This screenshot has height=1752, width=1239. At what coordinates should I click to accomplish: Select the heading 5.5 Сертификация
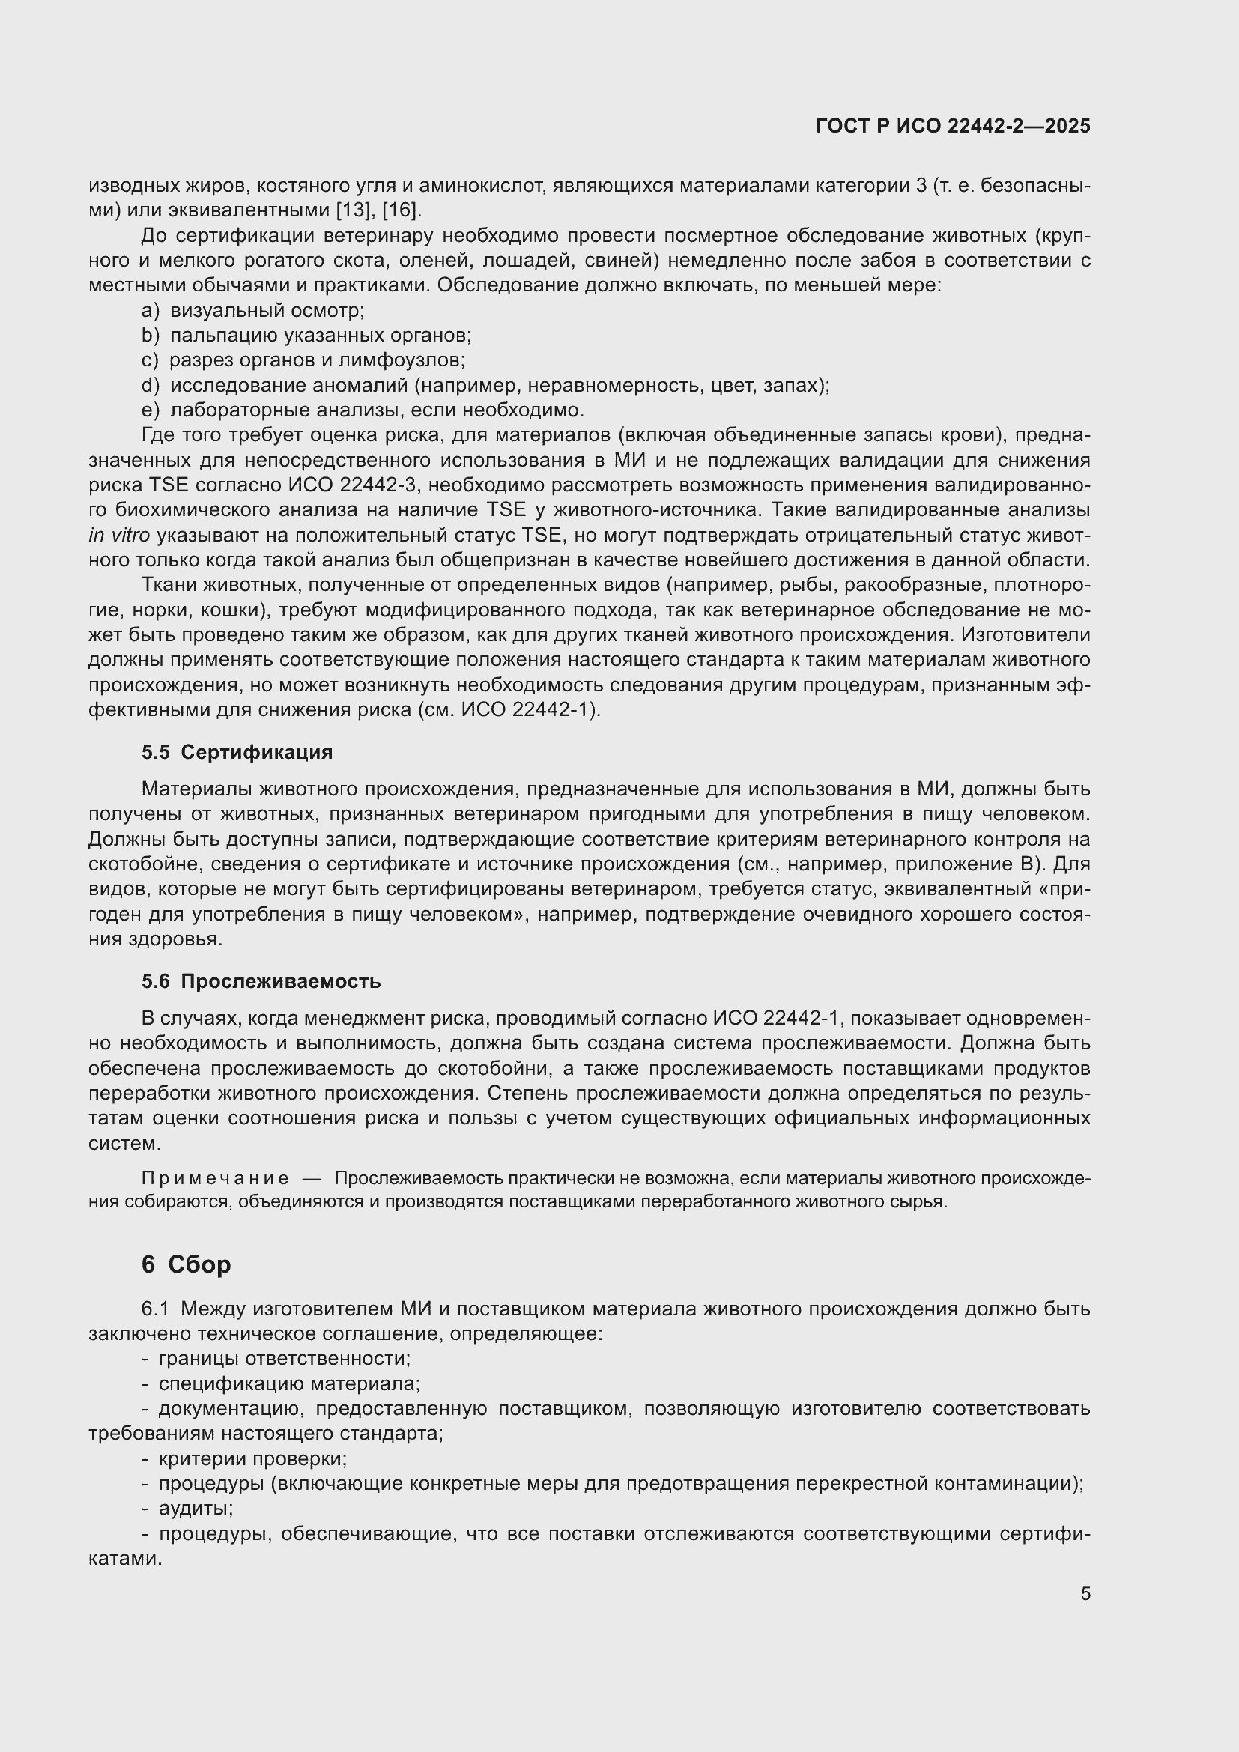click(x=237, y=752)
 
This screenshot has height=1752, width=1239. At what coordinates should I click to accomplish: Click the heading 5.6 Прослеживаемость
click(x=260, y=981)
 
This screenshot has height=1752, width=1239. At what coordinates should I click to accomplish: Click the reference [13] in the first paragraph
click(x=354, y=210)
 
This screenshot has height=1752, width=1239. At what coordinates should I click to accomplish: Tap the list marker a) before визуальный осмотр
click(x=151, y=311)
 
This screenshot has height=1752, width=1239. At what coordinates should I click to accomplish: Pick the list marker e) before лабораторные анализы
click(x=151, y=410)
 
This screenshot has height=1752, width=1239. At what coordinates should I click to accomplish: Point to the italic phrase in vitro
click(x=119, y=536)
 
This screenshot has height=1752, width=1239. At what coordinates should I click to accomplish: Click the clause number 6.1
click(x=154, y=1309)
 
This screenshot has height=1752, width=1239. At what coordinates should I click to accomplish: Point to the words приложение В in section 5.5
click(x=991, y=864)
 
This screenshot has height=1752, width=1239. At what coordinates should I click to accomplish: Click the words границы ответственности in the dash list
click(x=283, y=1359)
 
